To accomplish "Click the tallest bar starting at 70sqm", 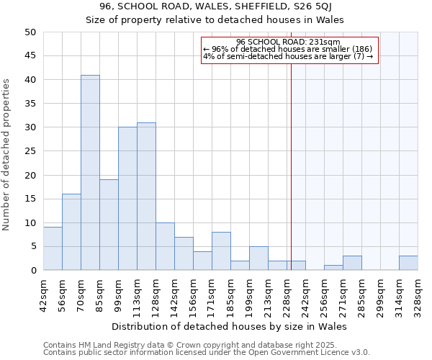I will click(x=90, y=173).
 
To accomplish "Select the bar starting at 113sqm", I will click(x=146, y=197).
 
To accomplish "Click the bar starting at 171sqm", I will click(x=221, y=251).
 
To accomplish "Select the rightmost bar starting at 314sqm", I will click(x=408, y=263).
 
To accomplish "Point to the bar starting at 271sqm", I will click(x=352, y=263).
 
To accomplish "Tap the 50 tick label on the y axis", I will click(x=30, y=32).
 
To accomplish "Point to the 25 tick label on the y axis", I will click(x=30, y=151).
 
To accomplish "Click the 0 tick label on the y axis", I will click(x=32, y=271).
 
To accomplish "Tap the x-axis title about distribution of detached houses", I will click(x=230, y=327).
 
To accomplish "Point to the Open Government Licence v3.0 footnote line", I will click(x=207, y=353).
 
